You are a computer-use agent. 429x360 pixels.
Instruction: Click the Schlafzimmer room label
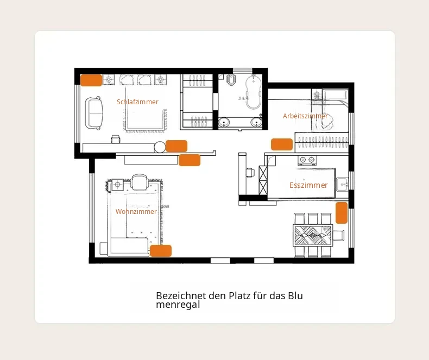[137, 102]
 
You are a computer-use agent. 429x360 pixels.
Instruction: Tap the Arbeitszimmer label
[305, 116]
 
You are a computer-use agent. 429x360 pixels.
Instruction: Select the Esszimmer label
[308, 185]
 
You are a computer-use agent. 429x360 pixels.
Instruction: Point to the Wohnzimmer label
[136, 211]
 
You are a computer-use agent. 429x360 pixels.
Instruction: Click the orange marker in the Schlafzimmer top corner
[91, 80]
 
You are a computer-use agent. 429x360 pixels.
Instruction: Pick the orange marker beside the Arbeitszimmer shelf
[282, 144]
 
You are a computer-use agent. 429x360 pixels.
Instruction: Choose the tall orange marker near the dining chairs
[342, 213]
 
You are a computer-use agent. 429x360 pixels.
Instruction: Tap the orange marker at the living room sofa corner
[161, 251]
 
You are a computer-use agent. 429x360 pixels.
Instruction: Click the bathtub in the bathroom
[254, 92]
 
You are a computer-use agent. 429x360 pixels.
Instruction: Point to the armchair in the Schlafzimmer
[94, 113]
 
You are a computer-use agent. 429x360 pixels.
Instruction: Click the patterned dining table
[313, 235]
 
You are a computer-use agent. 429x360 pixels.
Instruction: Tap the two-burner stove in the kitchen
[307, 160]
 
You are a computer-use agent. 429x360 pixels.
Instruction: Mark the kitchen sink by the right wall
[342, 185]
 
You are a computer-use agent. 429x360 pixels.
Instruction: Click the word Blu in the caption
[295, 296]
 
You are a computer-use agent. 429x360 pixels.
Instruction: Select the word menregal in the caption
[178, 305]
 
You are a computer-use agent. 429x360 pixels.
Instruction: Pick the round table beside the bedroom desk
[160, 147]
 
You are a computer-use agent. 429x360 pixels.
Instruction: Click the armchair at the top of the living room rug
[140, 182]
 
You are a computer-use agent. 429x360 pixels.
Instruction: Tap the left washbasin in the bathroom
[224, 122]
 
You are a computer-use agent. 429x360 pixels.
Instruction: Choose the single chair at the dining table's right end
[339, 235]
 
